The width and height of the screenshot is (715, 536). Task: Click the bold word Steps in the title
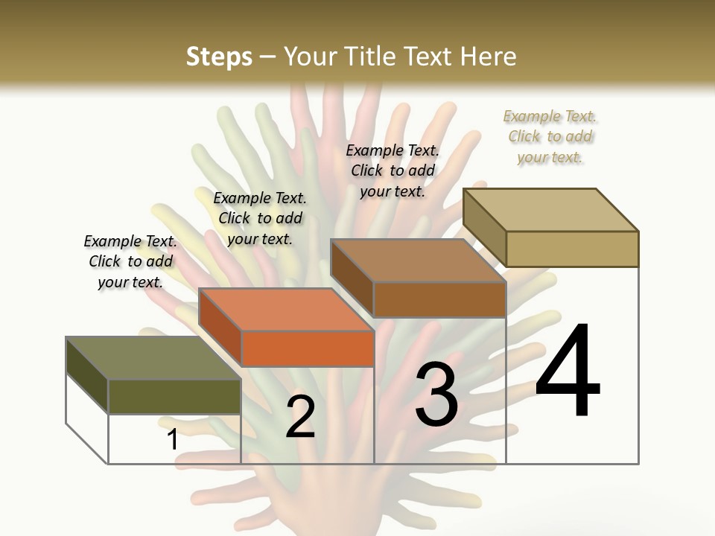(x=219, y=57)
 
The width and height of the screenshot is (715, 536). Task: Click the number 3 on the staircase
(x=436, y=394)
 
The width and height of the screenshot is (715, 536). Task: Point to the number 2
(x=300, y=417)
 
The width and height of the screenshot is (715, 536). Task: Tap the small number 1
(x=173, y=440)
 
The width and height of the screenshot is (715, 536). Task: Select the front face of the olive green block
(x=174, y=397)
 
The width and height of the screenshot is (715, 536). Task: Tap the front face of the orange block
(x=307, y=348)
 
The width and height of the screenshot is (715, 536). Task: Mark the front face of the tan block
(x=572, y=249)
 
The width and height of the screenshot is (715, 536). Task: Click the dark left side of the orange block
(x=220, y=328)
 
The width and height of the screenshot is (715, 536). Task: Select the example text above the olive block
(x=130, y=261)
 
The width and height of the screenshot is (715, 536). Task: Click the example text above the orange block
(x=260, y=218)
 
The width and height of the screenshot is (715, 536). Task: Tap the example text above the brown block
(x=393, y=170)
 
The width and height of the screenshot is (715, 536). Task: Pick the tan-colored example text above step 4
(x=550, y=136)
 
